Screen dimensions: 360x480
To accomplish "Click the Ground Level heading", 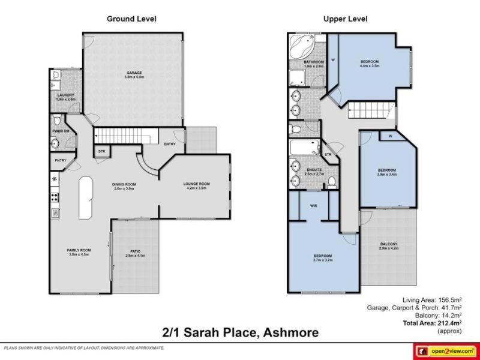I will point(131,19).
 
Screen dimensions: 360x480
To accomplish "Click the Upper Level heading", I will point(345,19).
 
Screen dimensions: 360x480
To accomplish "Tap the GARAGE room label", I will point(134,74).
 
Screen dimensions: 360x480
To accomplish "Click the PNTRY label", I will point(60,160).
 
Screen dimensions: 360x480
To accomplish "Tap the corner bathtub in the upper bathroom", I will point(301,46).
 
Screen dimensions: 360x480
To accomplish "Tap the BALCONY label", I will point(388,244).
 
